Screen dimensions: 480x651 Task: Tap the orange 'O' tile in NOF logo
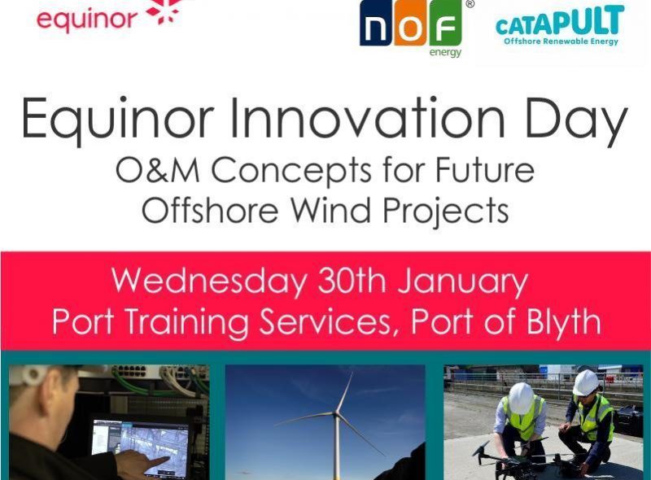[x=412, y=28]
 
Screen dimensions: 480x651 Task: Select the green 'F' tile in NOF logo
[x=445, y=28]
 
